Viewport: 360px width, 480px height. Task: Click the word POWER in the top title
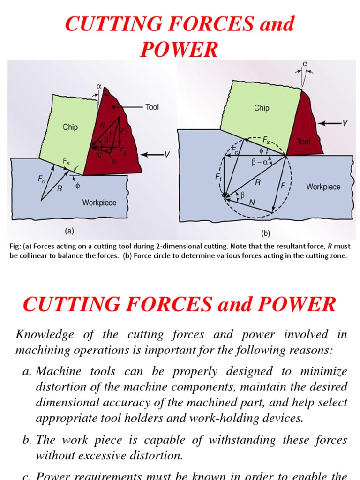180,49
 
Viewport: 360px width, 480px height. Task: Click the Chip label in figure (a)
70,127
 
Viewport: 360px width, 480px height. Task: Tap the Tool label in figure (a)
152,107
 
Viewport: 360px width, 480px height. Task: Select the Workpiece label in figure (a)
99,202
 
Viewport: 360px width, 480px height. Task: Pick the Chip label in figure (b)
262,108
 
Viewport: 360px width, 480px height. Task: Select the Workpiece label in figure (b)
323,187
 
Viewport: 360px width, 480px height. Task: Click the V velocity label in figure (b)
345,123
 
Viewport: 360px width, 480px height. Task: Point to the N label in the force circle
252,202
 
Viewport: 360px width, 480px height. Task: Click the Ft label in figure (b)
219,178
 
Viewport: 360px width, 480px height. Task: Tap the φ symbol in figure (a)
78,185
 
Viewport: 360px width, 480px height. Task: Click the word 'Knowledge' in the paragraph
45,334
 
